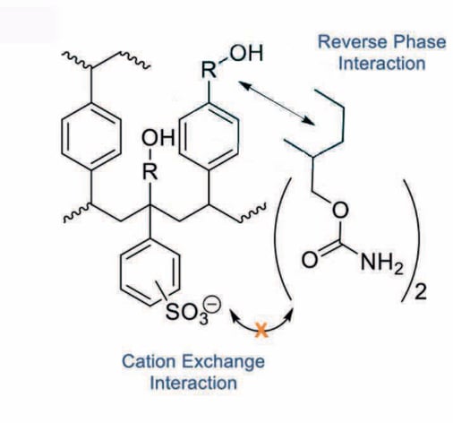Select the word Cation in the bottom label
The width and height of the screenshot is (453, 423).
click(143, 364)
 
